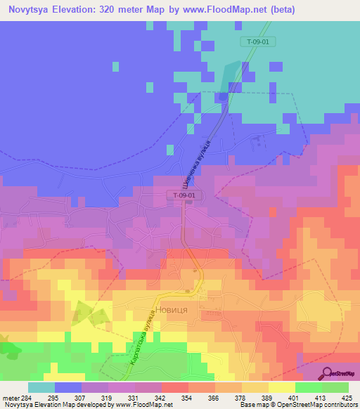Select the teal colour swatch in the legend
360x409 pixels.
click(41, 387)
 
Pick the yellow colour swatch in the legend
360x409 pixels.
click(281, 387)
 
